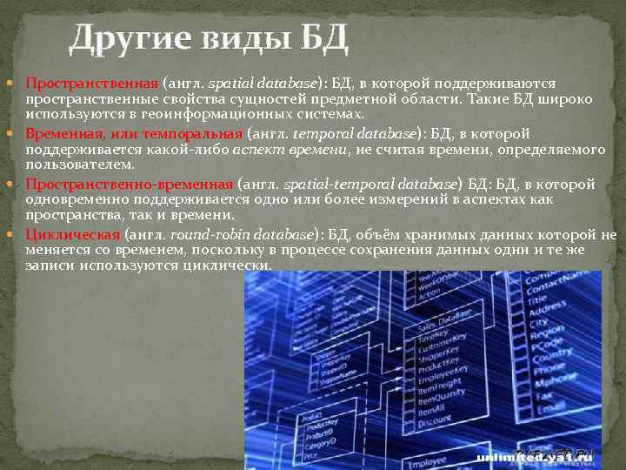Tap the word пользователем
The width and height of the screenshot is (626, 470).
click(x=80, y=164)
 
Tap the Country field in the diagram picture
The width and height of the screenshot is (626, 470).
click(x=554, y=358)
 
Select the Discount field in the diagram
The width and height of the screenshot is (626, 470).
click(x=436, y=422)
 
